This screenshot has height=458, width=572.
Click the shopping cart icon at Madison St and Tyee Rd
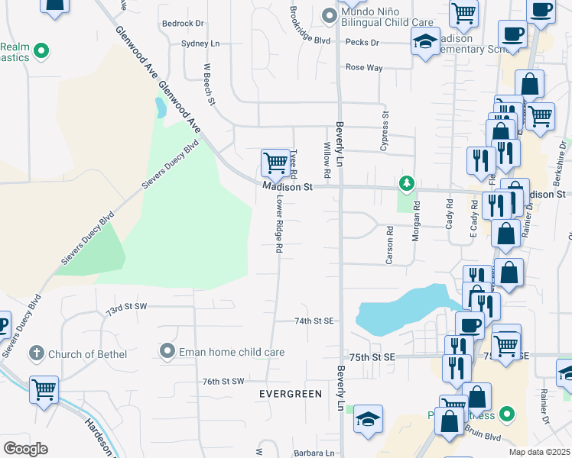275,162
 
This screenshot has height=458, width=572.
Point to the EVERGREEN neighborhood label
291,394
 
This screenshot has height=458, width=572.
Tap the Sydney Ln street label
200,44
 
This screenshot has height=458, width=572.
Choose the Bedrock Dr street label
184,24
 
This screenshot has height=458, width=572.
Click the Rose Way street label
364,68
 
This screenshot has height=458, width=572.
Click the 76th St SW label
223,381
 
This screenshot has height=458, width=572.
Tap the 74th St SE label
315,321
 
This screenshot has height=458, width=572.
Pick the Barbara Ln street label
314,453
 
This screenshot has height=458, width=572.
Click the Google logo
25,448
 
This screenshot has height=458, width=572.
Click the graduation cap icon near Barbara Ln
368,418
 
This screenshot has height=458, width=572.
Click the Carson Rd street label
389,245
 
